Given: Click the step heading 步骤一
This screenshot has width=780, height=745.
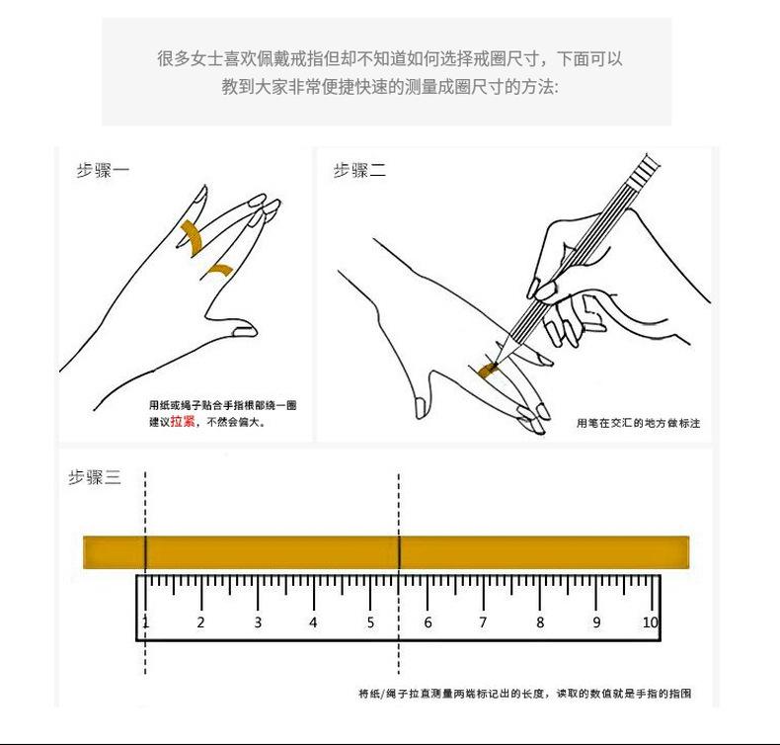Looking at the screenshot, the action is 103,170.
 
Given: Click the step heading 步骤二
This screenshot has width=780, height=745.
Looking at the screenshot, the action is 359,170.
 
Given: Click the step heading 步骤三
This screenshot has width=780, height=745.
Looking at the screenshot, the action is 95,477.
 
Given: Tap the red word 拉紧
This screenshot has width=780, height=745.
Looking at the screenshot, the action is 183,422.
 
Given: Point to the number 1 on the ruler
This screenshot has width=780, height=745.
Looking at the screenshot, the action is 145,622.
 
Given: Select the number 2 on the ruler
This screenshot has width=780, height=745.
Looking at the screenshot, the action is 201,622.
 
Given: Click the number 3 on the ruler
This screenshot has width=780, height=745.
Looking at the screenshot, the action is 258,622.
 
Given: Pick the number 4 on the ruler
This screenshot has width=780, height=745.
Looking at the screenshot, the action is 313,622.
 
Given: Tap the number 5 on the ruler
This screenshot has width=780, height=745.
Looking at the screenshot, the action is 370,622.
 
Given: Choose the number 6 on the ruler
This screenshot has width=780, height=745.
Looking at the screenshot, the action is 428,622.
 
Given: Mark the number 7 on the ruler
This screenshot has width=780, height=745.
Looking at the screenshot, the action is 483,622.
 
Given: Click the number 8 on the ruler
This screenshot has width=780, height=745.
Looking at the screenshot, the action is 540,622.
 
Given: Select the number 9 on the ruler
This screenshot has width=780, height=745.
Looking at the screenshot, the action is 596,622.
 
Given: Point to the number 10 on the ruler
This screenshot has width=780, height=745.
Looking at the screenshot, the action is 651,622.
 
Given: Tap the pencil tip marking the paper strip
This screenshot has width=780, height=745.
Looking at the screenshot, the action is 496,364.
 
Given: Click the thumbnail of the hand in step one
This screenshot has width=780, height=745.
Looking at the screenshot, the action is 245,331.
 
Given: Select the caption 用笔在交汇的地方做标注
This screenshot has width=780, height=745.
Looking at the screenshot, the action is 638,423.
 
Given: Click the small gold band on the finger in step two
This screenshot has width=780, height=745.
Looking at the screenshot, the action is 488,370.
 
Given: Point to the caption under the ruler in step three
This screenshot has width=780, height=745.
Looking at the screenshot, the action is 525,694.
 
